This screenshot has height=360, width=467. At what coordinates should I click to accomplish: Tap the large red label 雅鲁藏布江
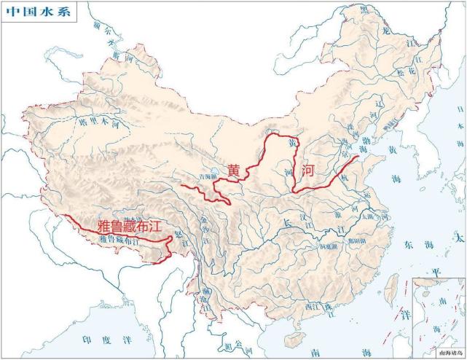coord(128,226)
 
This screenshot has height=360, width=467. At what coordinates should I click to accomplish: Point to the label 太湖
coord(369,216)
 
